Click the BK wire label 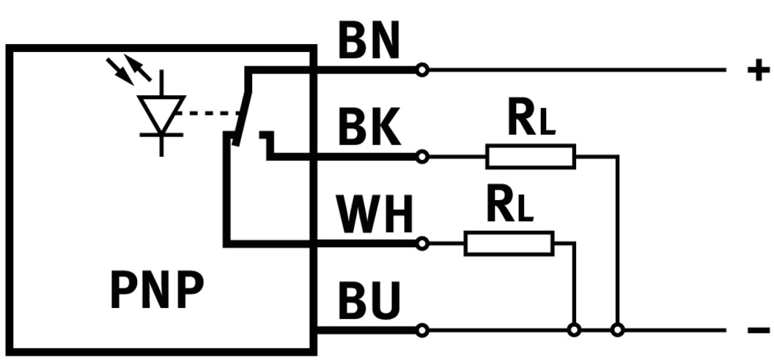pos(369,130)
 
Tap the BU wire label pos(369,301)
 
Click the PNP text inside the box pos(156,290)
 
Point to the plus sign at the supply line pos(758,70)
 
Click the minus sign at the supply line pos(758,331)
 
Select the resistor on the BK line pos(531,156)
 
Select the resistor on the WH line pos(509,243)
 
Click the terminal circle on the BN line pos(421,70)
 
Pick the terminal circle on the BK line pos(421,156)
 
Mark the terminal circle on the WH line pos(421,243)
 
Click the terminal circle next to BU pos(421,331)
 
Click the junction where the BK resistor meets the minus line pos(618,331)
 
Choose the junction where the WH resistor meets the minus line pos(575,331)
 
